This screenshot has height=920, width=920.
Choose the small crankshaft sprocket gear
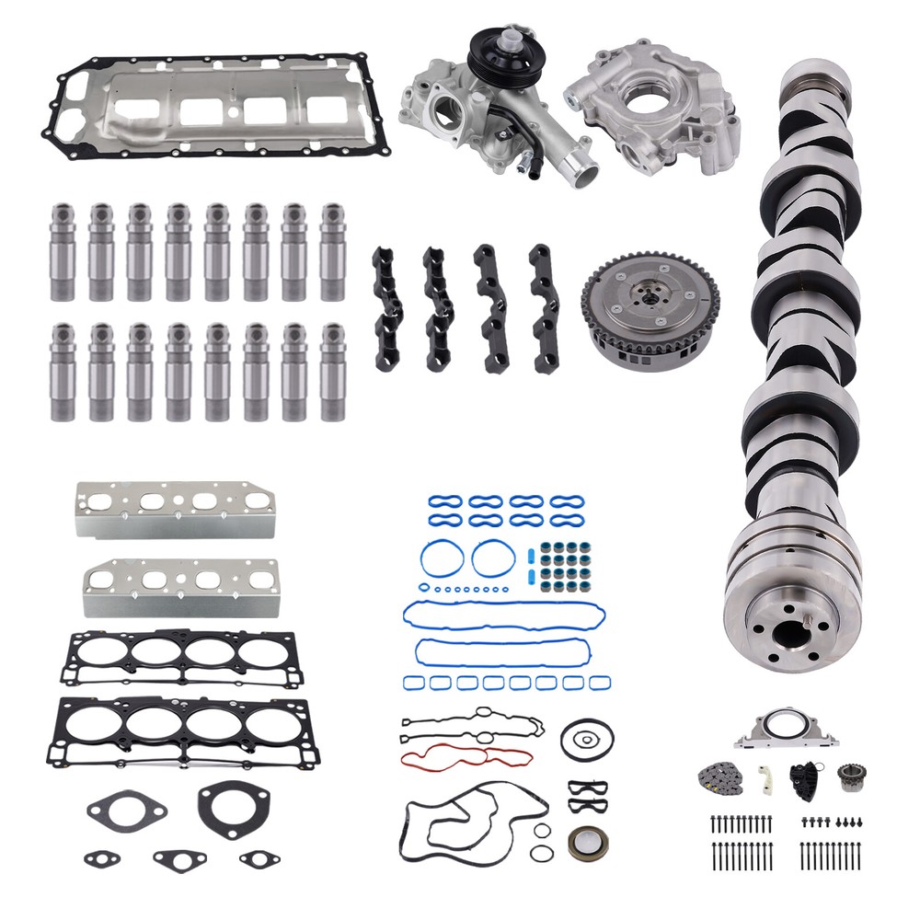(854, 777)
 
